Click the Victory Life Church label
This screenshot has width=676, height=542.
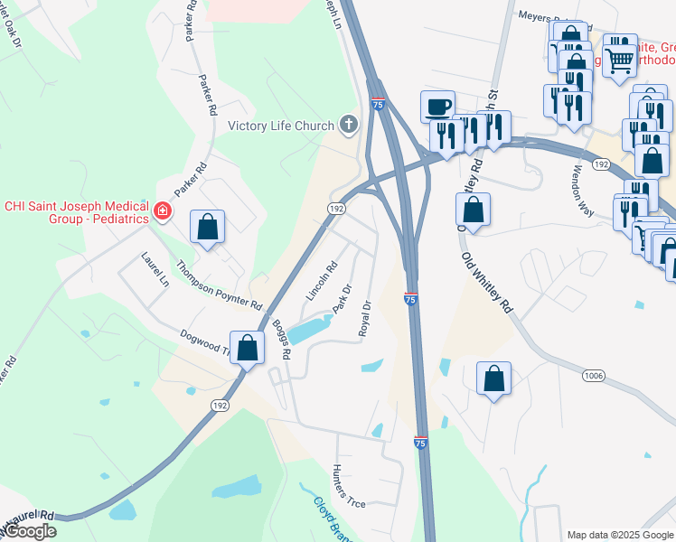click(x=281, y=126)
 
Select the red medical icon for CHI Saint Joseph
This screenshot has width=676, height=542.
click(x=163, y=211)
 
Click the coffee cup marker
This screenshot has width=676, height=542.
click(x=437, y=107)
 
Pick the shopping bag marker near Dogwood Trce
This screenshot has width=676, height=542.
click(x=247, y=348)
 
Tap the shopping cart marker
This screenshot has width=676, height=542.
click(x=620, y=61)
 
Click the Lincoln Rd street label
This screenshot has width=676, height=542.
click(x=322, y=281)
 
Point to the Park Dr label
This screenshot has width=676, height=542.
click(x=342, y=299)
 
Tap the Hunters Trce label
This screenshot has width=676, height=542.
click(x=348, y=485)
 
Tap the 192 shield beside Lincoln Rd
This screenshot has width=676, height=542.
click(x=336, y=208)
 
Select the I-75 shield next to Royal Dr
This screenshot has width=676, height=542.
click(x=410, y=299)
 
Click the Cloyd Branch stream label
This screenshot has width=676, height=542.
click(x=330, y=518)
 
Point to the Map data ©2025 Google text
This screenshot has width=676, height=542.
click(x=619, y=534)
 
